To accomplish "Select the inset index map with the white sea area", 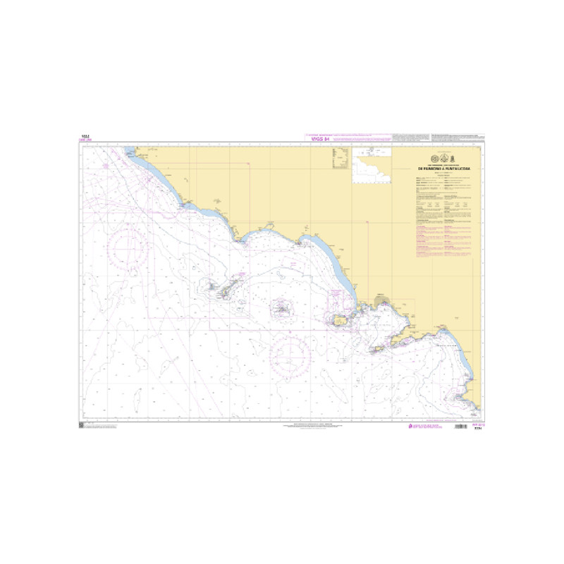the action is click(x=371, y=166).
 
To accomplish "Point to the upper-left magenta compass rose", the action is click(x=128, y=243).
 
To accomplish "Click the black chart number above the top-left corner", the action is click(x=85, y=137).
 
